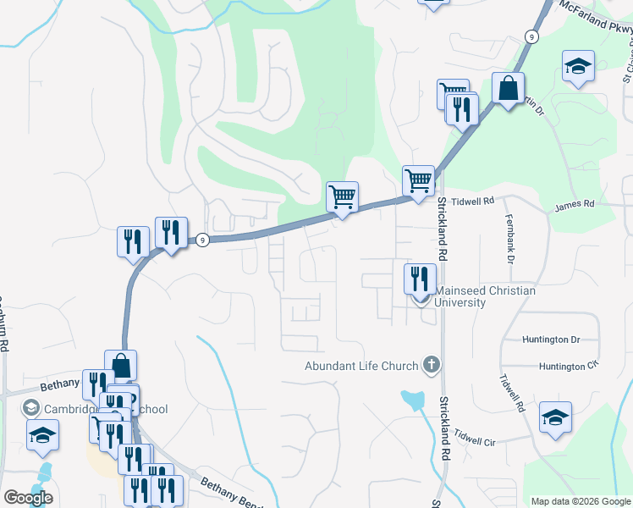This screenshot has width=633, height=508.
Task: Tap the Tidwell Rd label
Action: [472, 202]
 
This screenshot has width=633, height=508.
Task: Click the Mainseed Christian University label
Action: [485, 296]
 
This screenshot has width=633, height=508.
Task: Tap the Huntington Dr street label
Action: [551, 340]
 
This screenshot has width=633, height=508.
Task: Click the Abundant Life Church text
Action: [362, 366]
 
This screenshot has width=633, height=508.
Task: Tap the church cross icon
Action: [431, 366]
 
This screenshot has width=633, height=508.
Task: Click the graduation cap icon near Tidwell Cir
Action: [556, 417]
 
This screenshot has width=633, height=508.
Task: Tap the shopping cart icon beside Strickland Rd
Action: [418, 180]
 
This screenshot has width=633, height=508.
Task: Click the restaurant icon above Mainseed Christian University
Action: [420, 278]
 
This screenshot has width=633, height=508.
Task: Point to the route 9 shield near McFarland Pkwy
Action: [531, 36]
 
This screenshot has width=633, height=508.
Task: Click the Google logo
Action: [28, 498]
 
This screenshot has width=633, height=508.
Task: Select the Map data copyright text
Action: [581, 500]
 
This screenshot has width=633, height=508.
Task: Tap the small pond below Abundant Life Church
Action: [412, 399]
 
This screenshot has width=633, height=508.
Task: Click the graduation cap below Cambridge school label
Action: [41, 437]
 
